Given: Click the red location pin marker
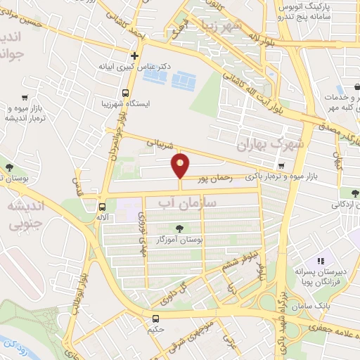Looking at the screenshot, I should pos(181,166).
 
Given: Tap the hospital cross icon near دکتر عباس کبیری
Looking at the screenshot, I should pos(134,55).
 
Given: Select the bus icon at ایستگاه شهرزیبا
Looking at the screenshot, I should pos(125,93).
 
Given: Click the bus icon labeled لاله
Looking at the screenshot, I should pos(102,207).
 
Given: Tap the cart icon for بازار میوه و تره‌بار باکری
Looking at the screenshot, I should pos(281,167).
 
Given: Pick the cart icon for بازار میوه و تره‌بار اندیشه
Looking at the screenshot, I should pos(25,98).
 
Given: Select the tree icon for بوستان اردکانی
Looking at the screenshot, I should pos(353,193).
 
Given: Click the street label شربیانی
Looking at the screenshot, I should pos(158,144).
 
